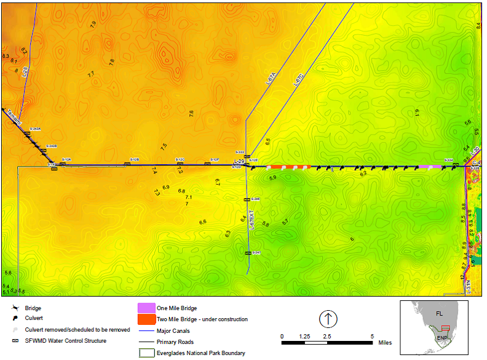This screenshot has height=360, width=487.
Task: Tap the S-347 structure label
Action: tap(256, 253)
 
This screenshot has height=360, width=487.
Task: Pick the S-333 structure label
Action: tap(240, 151)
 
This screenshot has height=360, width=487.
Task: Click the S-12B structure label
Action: tap(135, 159)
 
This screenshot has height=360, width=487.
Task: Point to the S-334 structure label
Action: tap(448, 159)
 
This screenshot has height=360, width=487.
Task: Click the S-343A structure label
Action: tap(35, 129)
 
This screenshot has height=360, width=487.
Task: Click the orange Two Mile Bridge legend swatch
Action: tap(146, 319)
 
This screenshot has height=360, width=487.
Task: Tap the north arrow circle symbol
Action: tap(328, 319)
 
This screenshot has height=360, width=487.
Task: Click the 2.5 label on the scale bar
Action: tap(327, 337)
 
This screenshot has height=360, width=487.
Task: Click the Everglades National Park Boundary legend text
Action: tap(201, 353)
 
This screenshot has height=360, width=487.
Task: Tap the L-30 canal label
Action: tap(475, 151)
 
